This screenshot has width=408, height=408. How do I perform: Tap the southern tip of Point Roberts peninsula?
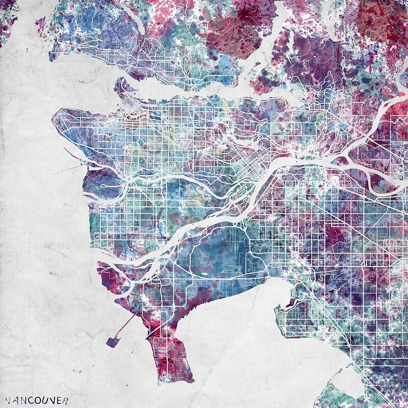[x=178, y=380]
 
